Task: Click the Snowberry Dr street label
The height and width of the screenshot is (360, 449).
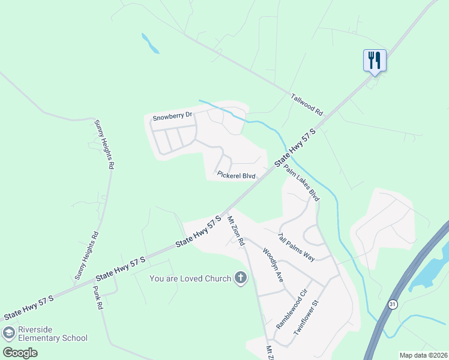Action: pos(172,116)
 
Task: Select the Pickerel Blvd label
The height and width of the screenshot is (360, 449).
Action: pos(237,176)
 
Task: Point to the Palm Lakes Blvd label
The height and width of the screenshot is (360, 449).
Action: pos(301,182)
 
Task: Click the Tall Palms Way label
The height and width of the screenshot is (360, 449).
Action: pos(296,247)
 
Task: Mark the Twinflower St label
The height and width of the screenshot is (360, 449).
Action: pos(309,317)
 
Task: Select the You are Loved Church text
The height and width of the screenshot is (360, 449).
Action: pos(190,278)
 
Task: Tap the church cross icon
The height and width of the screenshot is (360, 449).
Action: pos(240,278)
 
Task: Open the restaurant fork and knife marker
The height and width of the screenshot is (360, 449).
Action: pos(375,61)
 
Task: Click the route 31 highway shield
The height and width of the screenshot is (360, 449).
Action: pos(393,304)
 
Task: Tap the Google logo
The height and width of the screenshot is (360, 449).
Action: pos(20,353)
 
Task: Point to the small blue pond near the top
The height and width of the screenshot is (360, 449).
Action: pos(150,44)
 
